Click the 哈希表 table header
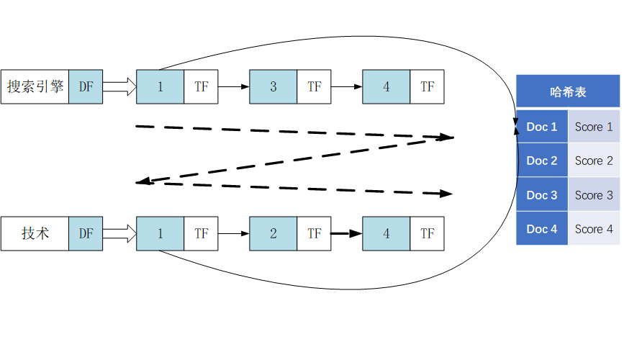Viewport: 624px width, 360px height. (x=568, y=91)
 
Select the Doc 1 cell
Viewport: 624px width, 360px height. (x=542, y=127)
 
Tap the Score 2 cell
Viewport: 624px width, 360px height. (x=594, y=161)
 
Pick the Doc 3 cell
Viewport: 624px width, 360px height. (x=542, y=195)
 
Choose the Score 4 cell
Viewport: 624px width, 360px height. (x=594, y=229)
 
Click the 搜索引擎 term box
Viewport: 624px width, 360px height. (x=35, y=87)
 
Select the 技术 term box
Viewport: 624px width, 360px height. (x=35, y=233)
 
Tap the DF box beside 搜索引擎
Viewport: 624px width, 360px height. (x=86, y=87)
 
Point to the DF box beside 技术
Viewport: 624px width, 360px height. (x=86, y=233)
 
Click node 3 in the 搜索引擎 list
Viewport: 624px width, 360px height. (x=273, y=87)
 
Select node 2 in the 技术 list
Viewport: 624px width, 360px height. (x=273, y=233)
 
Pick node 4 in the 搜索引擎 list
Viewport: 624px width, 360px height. (x=386, y=87)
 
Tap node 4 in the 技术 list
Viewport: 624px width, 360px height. (x=386, y=233)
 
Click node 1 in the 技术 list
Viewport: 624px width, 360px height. (x=160, y=233)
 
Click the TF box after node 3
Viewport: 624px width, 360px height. (x=315, y=87)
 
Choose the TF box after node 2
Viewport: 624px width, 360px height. (x=315, y=233)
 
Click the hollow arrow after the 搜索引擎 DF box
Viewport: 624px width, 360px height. (x=119, y=87)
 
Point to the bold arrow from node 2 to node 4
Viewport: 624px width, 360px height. (x=346, y=233)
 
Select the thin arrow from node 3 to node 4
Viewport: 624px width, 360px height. (x=346, y=87)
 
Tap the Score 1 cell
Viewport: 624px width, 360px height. (x=594, y=127)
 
